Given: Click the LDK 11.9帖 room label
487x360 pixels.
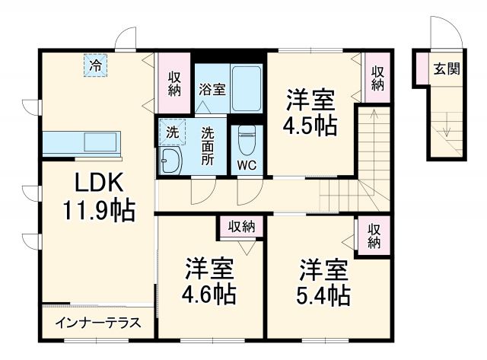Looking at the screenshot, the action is pyautogui.click(x=99, y=196).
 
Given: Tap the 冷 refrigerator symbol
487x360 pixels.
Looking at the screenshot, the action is pyautogui.click(x=95, y=65).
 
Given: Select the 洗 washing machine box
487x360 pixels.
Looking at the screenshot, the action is pyautogui.click(x=172, y=132).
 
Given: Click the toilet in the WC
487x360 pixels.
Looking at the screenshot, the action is pyautogui.click(x=247, y=140).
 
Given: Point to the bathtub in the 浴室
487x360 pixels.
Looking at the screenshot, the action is pyautogui.click(x=247, y=88).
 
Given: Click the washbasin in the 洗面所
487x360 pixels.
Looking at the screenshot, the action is pyautogui.click(x=170, y=161).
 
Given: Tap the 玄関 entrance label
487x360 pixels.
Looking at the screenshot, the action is pyautogui.click(x=447, y=68).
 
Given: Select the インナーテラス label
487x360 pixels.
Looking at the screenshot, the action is pyautogui.click(x=98, y=323).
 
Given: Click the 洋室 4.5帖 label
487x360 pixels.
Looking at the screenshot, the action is pyautogui.click(x=310, y=112).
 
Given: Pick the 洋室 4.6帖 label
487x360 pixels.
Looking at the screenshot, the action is pyautogui.click(x=208, y=281).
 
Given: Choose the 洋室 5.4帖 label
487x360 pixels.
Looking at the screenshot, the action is pyautogui.click(x=323, y=282).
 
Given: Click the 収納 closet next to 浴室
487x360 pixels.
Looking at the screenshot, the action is pyautogui.click(x=174, y=83).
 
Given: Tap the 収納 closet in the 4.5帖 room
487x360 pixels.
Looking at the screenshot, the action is pyautogui.click(x=377, y=78).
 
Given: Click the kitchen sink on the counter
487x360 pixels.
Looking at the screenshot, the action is pyautogui.click(x=102, y=142).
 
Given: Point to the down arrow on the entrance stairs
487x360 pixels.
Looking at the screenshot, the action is pyautogui.click(x=447, y=125).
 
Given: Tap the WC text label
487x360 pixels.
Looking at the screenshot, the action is pyautogui.click(x=247, y=165).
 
